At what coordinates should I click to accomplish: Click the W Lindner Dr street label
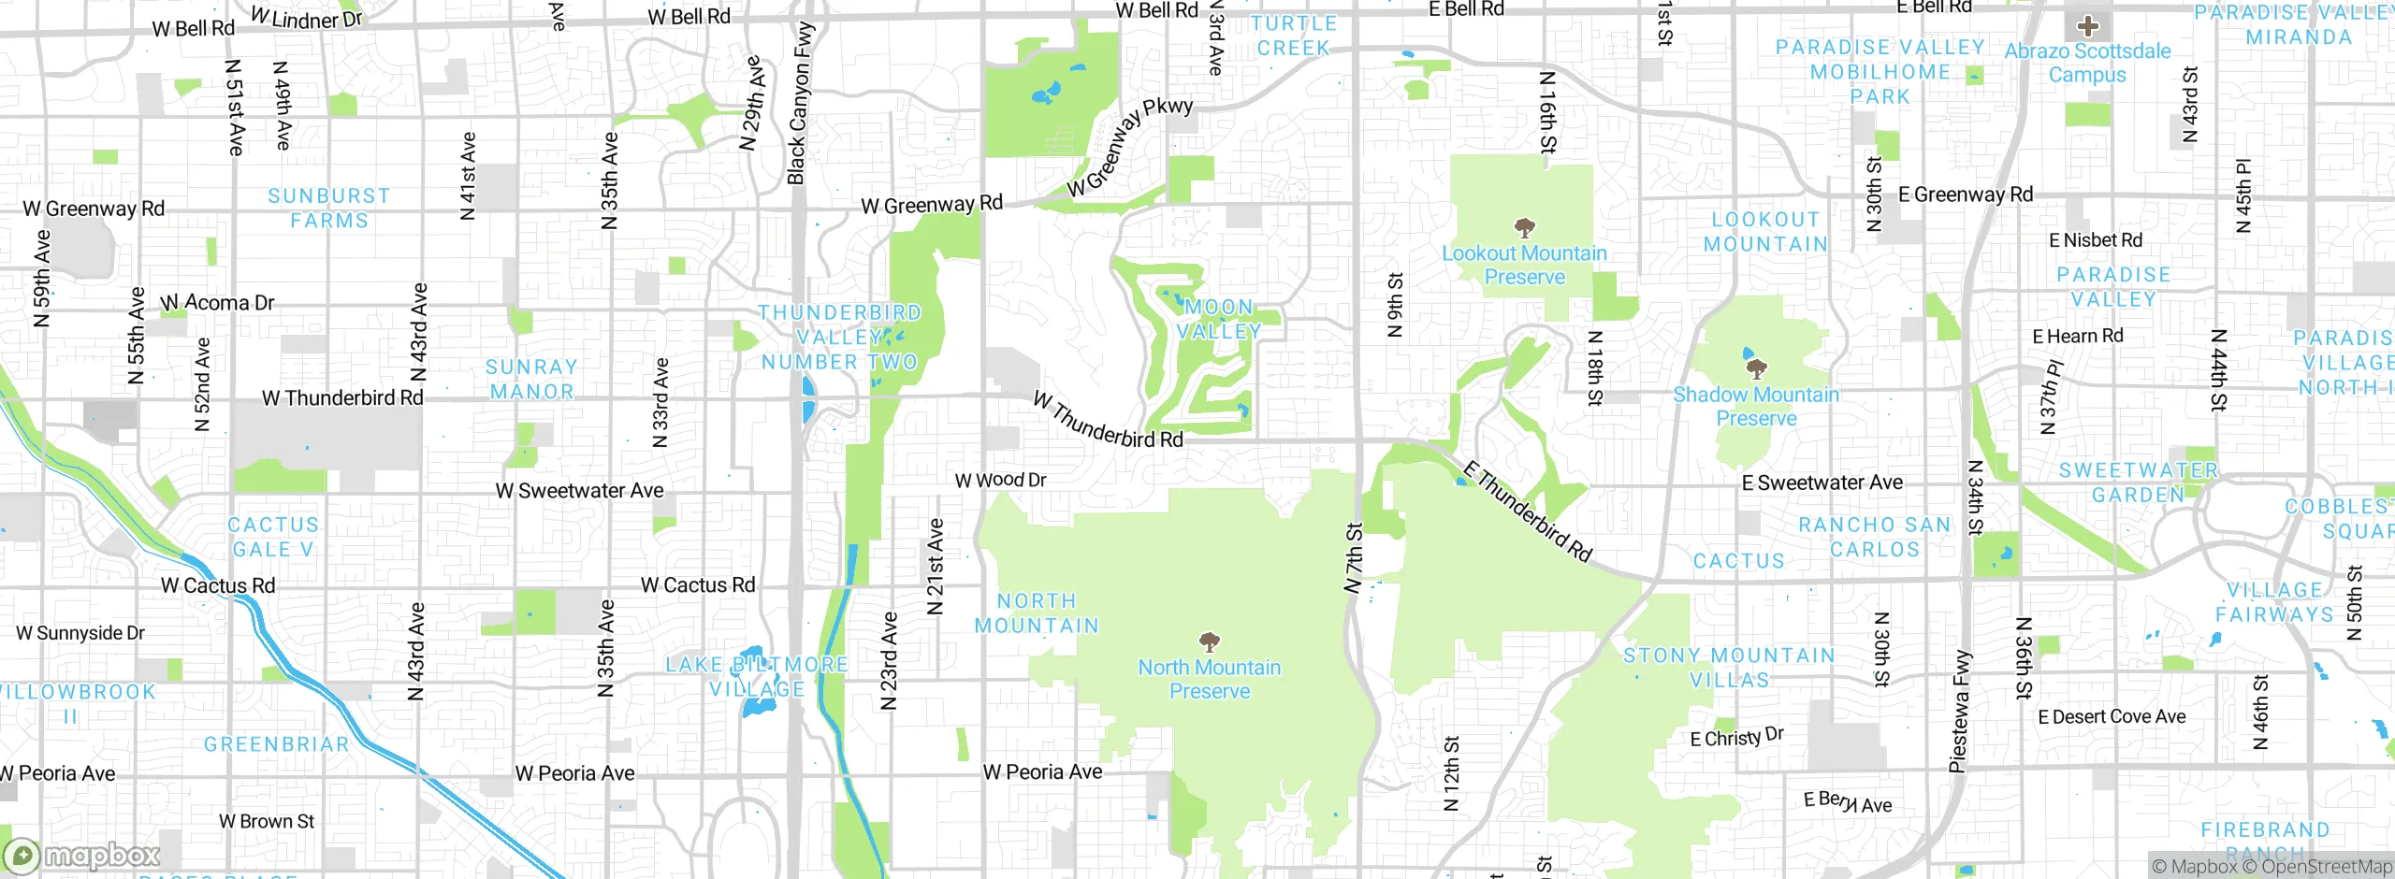tap(306, 19)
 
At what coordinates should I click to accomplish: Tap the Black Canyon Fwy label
tap(800, 103)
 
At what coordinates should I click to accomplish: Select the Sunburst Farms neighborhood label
tap(329, 209)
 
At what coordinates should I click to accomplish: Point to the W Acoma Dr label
tap(218, 303)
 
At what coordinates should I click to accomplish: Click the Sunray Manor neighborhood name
tap(531, 380)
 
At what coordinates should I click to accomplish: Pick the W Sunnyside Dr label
tap(80, 633)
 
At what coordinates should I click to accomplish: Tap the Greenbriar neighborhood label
tap(276, 744)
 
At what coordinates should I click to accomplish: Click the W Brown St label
tap(267, 821)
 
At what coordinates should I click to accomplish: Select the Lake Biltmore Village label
tap(756, 677)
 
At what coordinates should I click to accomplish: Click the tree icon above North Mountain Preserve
tap(1210, 641)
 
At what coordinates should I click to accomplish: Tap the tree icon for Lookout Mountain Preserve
tap(1524, 227)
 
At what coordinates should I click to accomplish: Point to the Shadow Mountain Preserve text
tap(1756, 407)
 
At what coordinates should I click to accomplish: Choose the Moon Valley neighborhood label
tap(1219, 319)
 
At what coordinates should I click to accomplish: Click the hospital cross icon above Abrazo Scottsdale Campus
tap(2087, 26)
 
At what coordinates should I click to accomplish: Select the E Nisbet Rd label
tap(2096, 240)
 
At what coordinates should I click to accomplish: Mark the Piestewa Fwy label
tap(1959, 711)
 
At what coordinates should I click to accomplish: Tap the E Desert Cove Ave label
tap(2112, 717)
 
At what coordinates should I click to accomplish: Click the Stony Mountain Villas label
tap(1729, 668)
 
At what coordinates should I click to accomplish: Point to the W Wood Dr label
tap(1000, 480)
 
